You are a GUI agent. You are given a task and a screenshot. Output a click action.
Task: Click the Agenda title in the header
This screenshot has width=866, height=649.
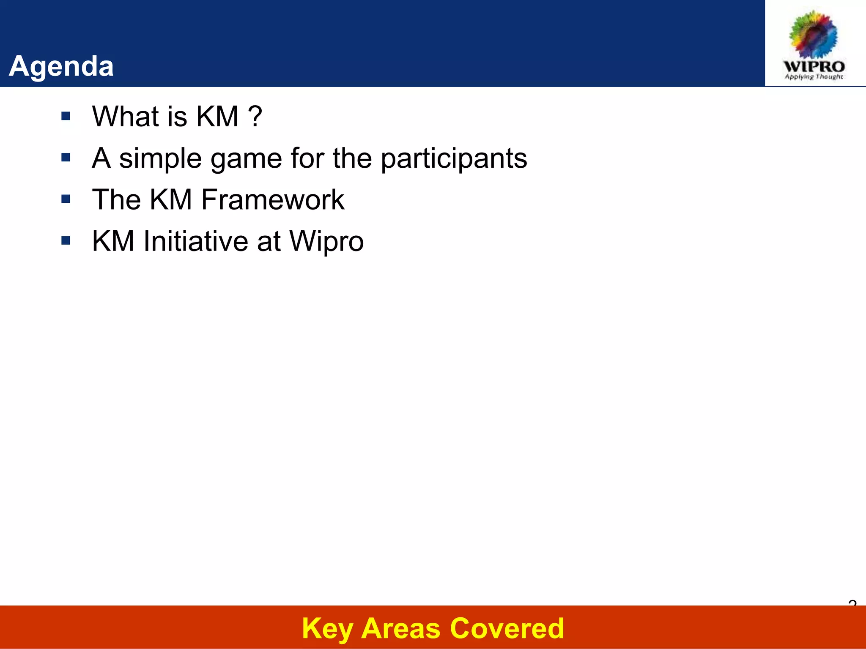coord(61,66)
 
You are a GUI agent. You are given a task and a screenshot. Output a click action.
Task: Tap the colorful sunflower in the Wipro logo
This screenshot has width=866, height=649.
coord(814,35)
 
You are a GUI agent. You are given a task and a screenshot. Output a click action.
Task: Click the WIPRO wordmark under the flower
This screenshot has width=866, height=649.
coord(814,66)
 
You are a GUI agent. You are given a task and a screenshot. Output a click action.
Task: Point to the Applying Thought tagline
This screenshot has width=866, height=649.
coord(814,77)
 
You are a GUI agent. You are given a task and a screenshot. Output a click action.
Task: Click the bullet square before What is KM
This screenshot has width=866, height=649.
coord(66,116)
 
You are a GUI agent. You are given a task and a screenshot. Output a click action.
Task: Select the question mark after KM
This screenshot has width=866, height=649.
coord(255,116)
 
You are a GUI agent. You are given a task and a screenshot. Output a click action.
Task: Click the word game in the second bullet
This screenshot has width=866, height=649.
coord(246,159)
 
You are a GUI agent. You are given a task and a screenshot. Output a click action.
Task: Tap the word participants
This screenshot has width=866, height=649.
coord(454,159)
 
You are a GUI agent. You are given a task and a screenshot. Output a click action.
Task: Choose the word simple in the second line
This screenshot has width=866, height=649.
coord(160,159)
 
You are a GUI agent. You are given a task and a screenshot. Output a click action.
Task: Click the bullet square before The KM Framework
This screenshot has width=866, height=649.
coord(66,199)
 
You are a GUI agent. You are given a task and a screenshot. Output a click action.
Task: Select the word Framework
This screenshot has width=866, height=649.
coord(273,199)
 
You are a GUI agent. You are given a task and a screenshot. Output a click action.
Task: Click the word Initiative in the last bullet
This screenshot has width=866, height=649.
coord(195,241)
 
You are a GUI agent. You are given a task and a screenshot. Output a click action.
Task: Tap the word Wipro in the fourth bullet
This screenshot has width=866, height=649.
coord(326,242)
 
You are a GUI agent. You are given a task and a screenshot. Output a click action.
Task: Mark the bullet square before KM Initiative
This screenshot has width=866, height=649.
coord(66,241)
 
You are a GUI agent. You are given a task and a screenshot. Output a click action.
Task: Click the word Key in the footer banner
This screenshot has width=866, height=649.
coord(327,629)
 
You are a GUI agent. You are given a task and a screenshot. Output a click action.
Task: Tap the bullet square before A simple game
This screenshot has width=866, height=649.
coord(66,158)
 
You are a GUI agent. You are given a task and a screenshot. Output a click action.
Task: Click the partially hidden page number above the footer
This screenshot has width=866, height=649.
coord(852,603)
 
